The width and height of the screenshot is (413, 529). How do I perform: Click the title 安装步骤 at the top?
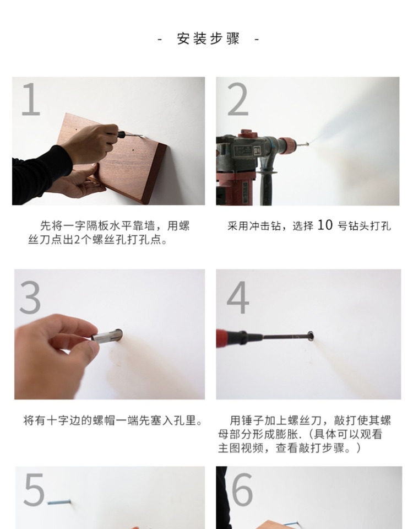coord(208,39)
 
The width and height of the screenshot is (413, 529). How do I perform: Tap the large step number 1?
coord(31,100)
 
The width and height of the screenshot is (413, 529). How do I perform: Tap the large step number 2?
coord(238,100)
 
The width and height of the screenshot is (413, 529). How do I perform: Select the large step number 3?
coord(30,298)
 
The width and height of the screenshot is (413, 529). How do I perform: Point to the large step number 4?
coord(238,298)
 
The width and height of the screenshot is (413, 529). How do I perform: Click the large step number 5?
coord(34,489)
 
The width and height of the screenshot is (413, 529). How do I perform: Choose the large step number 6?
coord(242,489)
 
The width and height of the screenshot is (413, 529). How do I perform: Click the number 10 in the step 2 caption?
coord(325,225)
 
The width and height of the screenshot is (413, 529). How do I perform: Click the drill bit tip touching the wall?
coord(307,144)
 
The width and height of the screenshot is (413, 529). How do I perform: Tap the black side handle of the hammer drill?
coord(267,184)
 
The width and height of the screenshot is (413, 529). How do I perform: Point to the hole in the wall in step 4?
coord(311,336)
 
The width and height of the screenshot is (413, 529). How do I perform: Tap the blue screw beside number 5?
coord(59,503)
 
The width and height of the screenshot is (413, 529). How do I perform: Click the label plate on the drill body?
coord(243,151)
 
